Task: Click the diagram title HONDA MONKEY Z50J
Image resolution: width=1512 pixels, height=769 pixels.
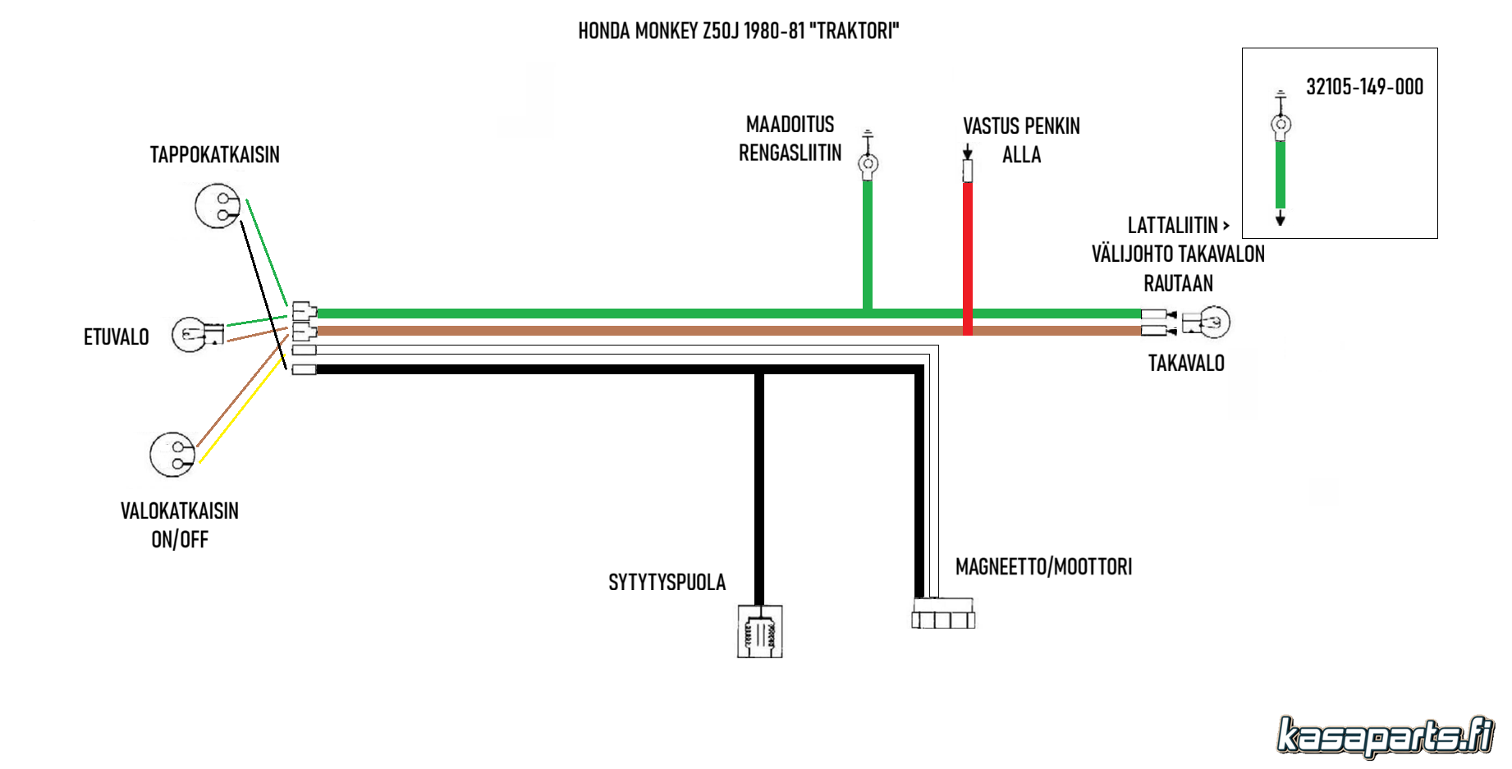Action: pos(738,31)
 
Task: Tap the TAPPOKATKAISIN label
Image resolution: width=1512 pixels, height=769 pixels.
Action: pos(214,154)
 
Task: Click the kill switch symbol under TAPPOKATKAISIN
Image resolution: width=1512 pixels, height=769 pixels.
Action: pos(218,206)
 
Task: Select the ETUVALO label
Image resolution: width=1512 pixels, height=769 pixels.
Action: pos(116,336)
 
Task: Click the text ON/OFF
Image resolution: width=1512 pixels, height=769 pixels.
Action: pos(180,539)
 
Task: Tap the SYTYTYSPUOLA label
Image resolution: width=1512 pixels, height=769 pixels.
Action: pos(667,582)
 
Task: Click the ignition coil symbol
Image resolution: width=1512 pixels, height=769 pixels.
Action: pos(759,632)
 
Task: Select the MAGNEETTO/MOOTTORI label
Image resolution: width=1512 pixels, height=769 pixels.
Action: pos(1043,566)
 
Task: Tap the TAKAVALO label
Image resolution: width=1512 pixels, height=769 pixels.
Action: pos(1185,363)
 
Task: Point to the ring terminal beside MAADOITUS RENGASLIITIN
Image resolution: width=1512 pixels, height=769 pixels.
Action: pos(868,163)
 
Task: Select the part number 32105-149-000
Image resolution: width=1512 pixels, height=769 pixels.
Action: pos(1364,86)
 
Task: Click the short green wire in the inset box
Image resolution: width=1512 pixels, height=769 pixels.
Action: pos(1280,174)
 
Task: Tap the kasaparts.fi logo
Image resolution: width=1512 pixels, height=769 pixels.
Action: pos(1385,735)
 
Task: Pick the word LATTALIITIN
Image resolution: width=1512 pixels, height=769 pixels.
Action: pos(1172,225)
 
